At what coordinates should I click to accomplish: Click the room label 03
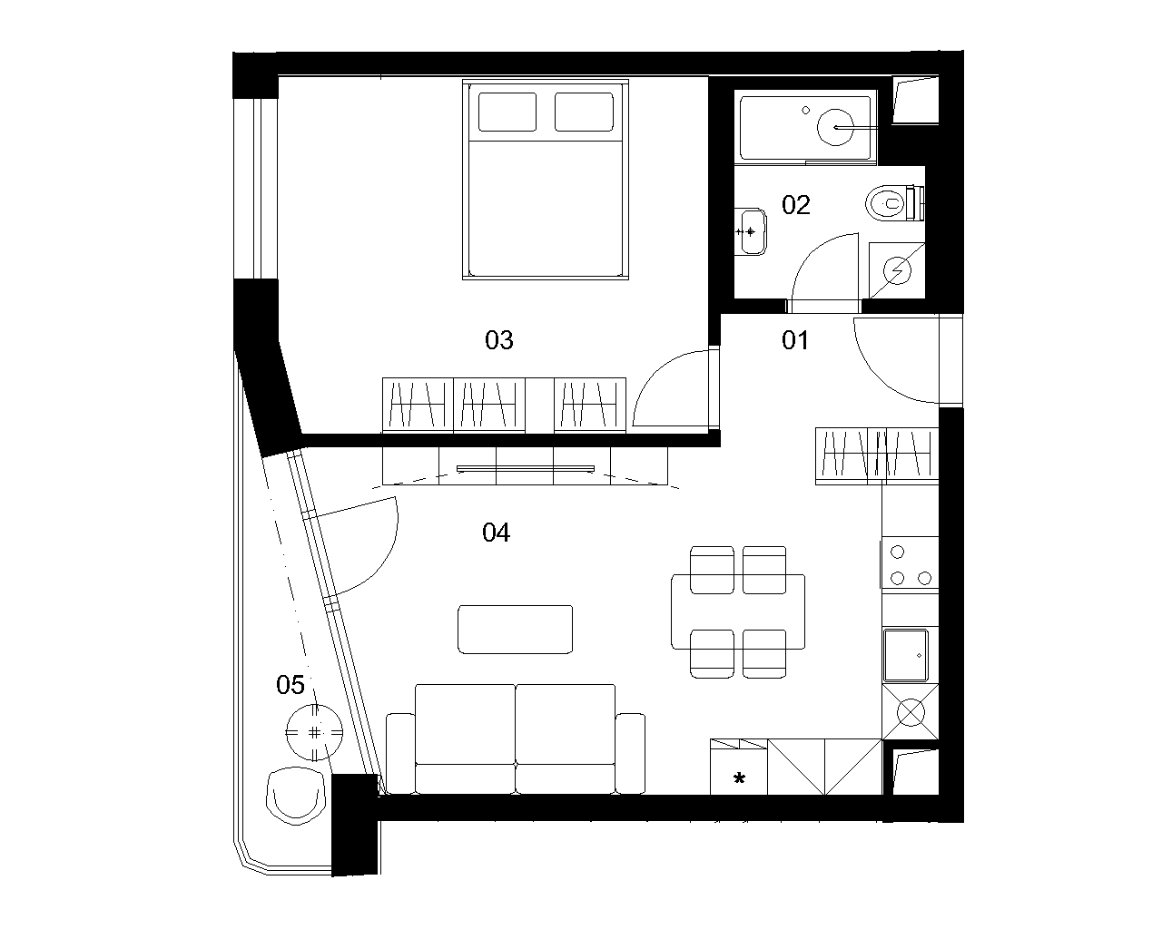(499, 340)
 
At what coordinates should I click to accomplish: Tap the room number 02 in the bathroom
(796, 205)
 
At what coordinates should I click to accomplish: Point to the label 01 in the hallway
(795, 340)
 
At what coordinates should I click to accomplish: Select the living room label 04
(496, 533)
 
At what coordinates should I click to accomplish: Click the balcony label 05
(290, 685)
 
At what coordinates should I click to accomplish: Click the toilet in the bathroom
(895, 203)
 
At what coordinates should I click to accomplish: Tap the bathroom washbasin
(751, 231)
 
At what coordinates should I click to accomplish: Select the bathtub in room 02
(805, 127)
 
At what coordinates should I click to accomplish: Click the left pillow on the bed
(507, 112)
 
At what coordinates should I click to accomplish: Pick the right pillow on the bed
(585, 112)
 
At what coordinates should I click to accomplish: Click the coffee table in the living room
(515, 629)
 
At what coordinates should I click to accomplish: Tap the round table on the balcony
(314, 732)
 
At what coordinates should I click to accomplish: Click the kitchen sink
(905, 655)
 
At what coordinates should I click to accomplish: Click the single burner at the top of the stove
(898, 552)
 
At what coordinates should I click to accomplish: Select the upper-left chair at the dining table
(712, 570)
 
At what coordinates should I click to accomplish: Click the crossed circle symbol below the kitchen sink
(911, 711)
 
